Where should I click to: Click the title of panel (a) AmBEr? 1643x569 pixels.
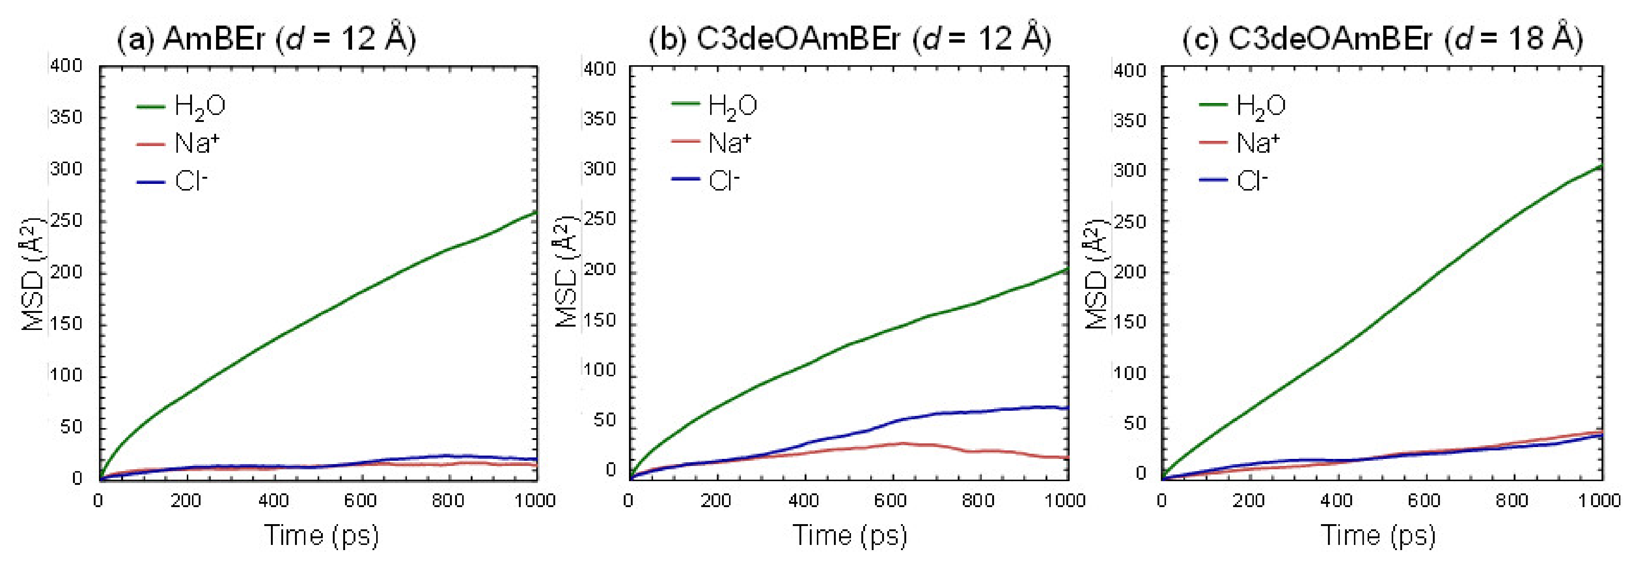click(x=266, y=40)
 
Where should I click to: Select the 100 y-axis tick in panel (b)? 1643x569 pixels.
click(x=600, y=370)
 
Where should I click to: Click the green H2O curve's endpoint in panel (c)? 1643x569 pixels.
click(x=1601, y=166)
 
